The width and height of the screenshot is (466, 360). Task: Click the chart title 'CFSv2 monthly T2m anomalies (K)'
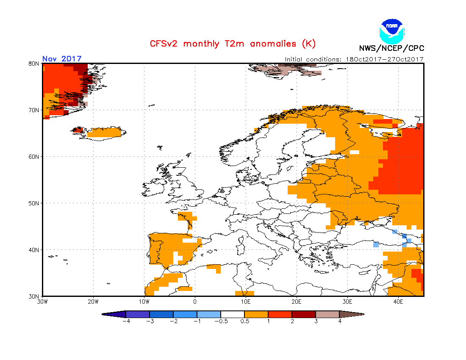[x=233, y=44]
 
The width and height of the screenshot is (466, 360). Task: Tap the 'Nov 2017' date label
[x=62, y=59]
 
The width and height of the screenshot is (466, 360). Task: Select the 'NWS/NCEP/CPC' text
[x=391, y=48]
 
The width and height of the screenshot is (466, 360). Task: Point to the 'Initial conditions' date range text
[x=354, y=59]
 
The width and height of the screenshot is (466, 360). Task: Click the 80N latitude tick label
[x=34, y=64]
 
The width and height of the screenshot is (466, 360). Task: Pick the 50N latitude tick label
[x=34, y=203]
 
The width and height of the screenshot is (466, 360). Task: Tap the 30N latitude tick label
[x=34, y=296]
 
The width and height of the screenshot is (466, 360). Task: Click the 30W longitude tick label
[x=42, y=302]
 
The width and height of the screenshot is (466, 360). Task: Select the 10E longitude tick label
[x=245, y=302]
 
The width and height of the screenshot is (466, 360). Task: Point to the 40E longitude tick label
[x=398, y=302]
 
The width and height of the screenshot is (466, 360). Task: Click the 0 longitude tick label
[x=195, y=302]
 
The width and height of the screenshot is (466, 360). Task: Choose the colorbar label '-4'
[x=125, y=321]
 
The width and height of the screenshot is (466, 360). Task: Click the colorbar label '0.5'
[x=244, y=321]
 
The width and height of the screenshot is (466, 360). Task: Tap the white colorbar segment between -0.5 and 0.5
[x=233, y=314]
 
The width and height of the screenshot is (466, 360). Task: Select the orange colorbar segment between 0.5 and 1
[x=256, y=314]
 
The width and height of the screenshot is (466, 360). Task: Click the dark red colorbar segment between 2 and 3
[x=304, y=314]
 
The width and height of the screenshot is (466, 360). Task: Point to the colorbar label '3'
[x=316, y=321]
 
